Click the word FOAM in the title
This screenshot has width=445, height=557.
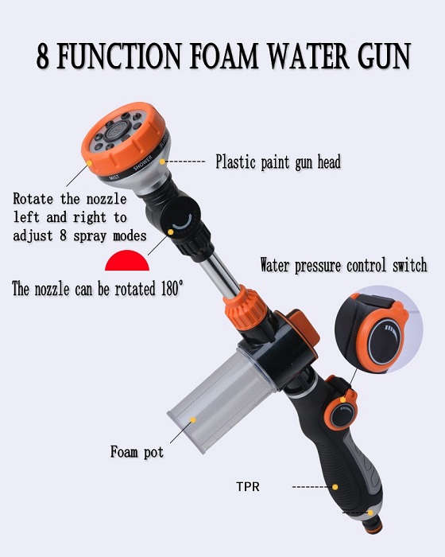tap(223, 56)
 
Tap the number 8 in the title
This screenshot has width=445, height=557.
tap(42, 56)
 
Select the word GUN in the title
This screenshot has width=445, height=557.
tap(384, 56)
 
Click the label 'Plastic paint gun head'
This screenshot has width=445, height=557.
tap(278, 162)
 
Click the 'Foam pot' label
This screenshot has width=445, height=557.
tap(137, 452)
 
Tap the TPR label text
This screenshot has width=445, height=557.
tap(248, 486)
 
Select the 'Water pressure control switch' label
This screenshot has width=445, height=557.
tap(343, 265)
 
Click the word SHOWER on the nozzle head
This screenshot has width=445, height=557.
tap(143, 162)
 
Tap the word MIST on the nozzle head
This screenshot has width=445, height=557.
tap(114, 177)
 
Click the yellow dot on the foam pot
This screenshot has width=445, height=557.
tap(193, 420)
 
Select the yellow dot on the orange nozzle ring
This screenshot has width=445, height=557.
tap(90, 163)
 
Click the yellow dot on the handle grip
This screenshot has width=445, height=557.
tap(335, 487)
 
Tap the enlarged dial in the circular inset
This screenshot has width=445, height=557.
tap(385, 342)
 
